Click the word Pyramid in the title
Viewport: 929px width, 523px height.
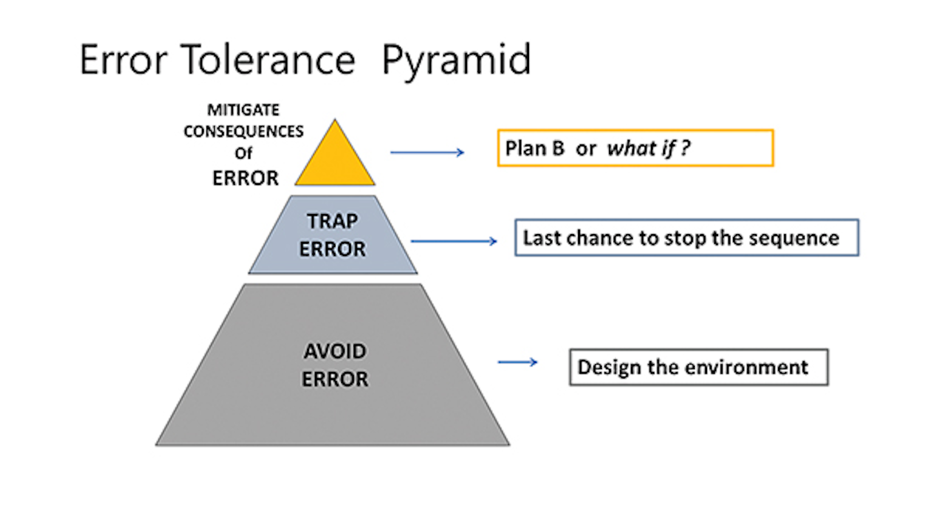[456, 60]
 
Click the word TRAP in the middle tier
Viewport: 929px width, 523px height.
[332, 221]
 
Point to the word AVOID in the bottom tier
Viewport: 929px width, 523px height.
[335, 352]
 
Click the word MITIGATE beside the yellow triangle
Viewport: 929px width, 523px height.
[244, 110]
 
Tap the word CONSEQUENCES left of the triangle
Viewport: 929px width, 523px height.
[244, 132]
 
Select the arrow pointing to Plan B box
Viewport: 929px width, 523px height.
[427, 153]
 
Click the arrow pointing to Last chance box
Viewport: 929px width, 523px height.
[454, 241]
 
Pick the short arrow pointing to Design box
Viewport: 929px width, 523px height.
[517, 362]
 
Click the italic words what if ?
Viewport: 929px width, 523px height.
[649, 149]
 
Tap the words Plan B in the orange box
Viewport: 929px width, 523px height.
[535, 149]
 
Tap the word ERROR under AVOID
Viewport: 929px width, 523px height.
[335, 379]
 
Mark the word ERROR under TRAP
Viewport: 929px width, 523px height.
[332, 249]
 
